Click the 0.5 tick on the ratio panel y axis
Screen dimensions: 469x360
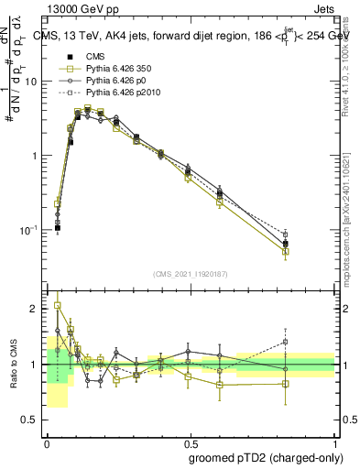click(32, 420)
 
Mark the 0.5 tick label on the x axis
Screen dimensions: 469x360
click(191, 442)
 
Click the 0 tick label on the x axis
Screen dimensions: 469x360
click(47, 442)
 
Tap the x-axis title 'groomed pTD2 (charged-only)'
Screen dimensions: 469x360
click(261, 456)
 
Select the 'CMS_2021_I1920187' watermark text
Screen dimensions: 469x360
click(191, 274)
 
